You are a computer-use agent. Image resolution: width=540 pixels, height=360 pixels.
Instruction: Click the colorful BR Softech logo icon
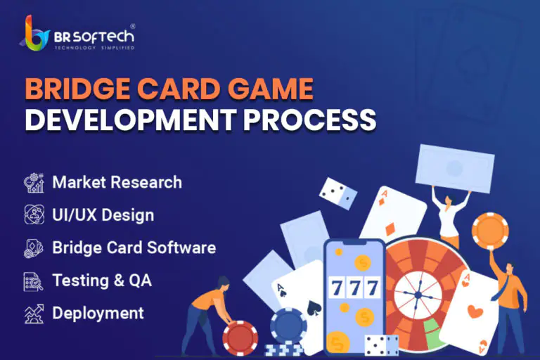click(34, 33)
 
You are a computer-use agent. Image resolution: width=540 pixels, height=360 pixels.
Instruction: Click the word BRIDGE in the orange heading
click(77, 89)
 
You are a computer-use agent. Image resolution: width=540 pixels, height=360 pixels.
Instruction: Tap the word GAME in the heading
click(270, 89)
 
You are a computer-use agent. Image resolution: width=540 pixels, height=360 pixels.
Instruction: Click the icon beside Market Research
click(34, 183)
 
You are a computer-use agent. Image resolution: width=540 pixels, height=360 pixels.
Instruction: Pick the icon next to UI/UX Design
click(34, 214)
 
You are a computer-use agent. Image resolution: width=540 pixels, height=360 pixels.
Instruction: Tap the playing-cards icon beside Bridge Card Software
click(34, 247)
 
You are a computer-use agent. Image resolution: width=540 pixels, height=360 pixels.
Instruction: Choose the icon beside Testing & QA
click(34, 281)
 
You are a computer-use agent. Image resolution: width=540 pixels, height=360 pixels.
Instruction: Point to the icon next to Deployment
click(34, 314)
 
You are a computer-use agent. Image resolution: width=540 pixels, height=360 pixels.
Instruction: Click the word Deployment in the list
click(98, 314)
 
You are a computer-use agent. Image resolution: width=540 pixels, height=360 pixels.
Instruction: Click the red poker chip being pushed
click(240, 338)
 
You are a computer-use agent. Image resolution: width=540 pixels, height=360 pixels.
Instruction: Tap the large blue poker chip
click(288, 326)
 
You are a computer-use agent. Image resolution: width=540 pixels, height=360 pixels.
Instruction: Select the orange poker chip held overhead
click(490, 231)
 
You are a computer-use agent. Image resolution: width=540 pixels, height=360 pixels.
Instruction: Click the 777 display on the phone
click(354, 288)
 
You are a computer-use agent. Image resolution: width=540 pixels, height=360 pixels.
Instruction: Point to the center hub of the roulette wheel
click(418, 295)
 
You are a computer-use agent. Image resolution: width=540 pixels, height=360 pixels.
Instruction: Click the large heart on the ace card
click(475, 311)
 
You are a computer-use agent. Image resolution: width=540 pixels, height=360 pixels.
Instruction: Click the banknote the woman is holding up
click(455, 169)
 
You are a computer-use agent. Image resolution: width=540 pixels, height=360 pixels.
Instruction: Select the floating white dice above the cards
click(338, 193)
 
